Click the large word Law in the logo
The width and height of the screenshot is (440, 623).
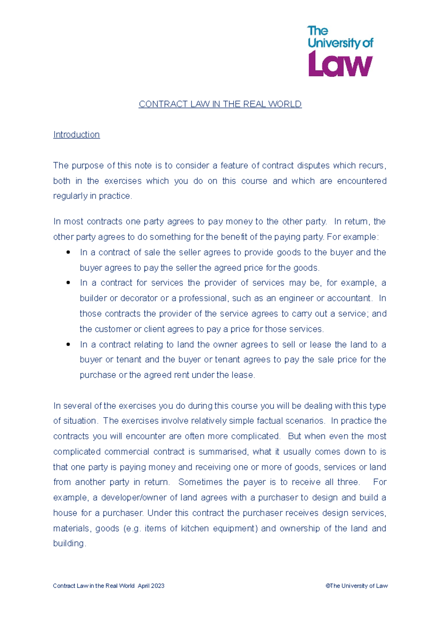click(340, 65)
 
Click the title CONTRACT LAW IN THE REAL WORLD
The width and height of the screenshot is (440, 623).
click(220, 104)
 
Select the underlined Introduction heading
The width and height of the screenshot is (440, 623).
click(76, 135)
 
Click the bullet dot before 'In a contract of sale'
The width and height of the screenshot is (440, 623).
click(68, 252)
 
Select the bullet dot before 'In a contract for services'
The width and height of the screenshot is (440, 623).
click(68, 283)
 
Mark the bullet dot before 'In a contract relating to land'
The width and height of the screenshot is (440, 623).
click(68, 345)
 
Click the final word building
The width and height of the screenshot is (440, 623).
click(69, 543)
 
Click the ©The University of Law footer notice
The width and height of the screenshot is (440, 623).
click(356, 586)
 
